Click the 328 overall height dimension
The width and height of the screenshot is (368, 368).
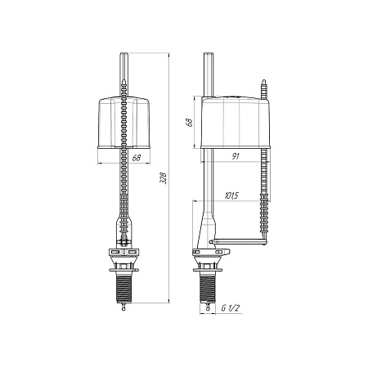tap(163, 177)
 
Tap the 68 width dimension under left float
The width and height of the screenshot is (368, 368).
tap(137, 158)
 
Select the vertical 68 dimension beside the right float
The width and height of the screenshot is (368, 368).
tap(189, 122)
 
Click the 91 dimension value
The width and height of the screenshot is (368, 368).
tap(236, 156)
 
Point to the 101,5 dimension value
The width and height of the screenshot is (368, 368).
tap(231, 195)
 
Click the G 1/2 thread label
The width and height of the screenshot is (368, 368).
tap(231, 308)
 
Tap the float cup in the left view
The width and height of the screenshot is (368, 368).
tap(123, 123)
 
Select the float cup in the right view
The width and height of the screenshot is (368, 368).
tap(236, 122)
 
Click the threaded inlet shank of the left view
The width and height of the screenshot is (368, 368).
tap(123, 287)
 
